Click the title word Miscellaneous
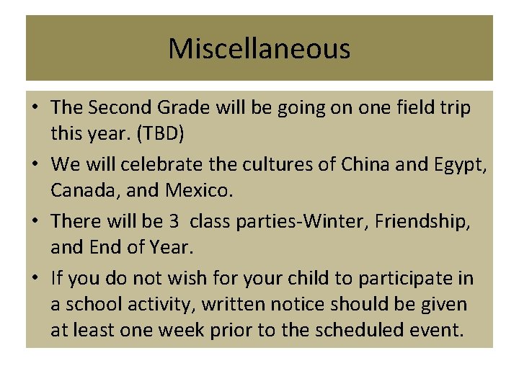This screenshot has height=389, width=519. coord(259,49)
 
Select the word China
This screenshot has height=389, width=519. coord(363,164)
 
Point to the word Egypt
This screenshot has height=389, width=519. coord(460,166)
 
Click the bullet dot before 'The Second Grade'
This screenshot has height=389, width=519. coord(35,108)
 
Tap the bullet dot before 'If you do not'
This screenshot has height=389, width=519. coord(35,278)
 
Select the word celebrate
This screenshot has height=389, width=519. coord(158,164)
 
